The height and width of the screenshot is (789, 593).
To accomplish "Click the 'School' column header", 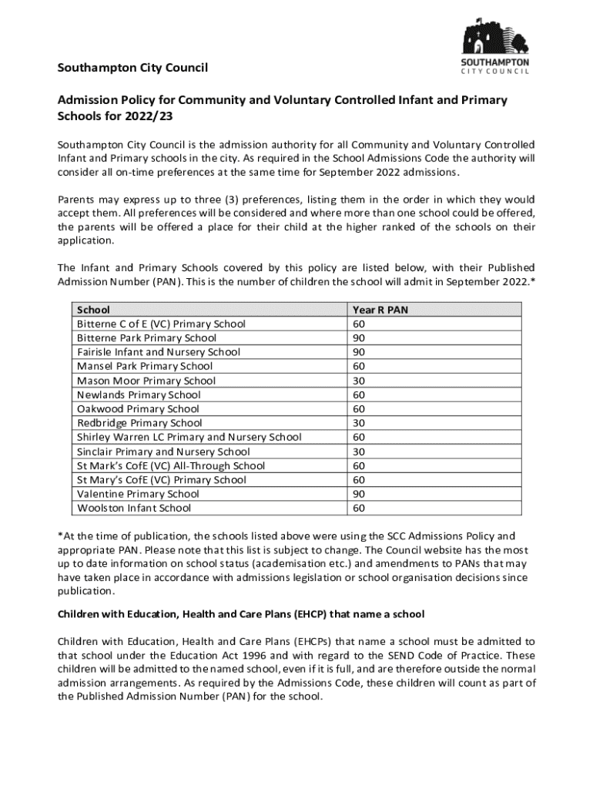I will pos(93,310).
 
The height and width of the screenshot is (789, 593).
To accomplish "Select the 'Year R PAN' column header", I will pos(380,310).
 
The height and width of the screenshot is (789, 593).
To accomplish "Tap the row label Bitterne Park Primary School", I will pos(146,338).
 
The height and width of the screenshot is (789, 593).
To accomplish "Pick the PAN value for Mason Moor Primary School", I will pos(359,381).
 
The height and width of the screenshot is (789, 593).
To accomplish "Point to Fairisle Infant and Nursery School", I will pos(158,352).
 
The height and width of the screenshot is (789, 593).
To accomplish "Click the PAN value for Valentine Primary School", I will pos(359,494).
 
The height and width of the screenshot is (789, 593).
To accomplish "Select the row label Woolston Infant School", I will pos(134,508).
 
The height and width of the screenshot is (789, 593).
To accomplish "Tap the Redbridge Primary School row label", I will pos(139,423).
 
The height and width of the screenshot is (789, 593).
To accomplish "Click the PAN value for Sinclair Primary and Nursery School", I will pos(359,452).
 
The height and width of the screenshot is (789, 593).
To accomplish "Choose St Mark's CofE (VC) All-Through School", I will pos(170,465).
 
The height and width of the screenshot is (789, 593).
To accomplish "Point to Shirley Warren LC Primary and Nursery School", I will pos(189,437).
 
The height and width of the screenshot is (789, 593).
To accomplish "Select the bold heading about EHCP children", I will pos(241,614).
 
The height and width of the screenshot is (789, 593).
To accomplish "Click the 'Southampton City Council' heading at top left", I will pos(132,69).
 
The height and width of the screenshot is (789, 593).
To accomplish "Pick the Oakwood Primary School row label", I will pos(138,409).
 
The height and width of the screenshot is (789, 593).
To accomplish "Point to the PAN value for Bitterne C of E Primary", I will pos(359,324).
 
